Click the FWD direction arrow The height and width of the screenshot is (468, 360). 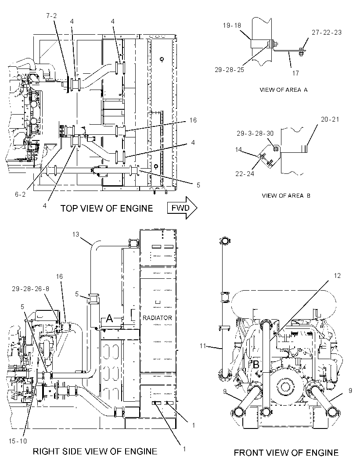tap(182, 208)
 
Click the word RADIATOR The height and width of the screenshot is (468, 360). tap(157, 318)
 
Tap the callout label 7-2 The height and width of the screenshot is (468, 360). tap(51, 15)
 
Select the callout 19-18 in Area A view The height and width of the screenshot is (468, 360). tap(232, 25)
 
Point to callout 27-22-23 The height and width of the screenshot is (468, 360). tap(327, 32)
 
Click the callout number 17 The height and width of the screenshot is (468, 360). tap(295, 73)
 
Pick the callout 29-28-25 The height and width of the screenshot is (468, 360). tap(229, 69)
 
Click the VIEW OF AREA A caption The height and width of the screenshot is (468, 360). tap(283, 90)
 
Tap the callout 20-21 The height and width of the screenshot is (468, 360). tap(330, 119)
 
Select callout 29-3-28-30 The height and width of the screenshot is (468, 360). tap(255, 133)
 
